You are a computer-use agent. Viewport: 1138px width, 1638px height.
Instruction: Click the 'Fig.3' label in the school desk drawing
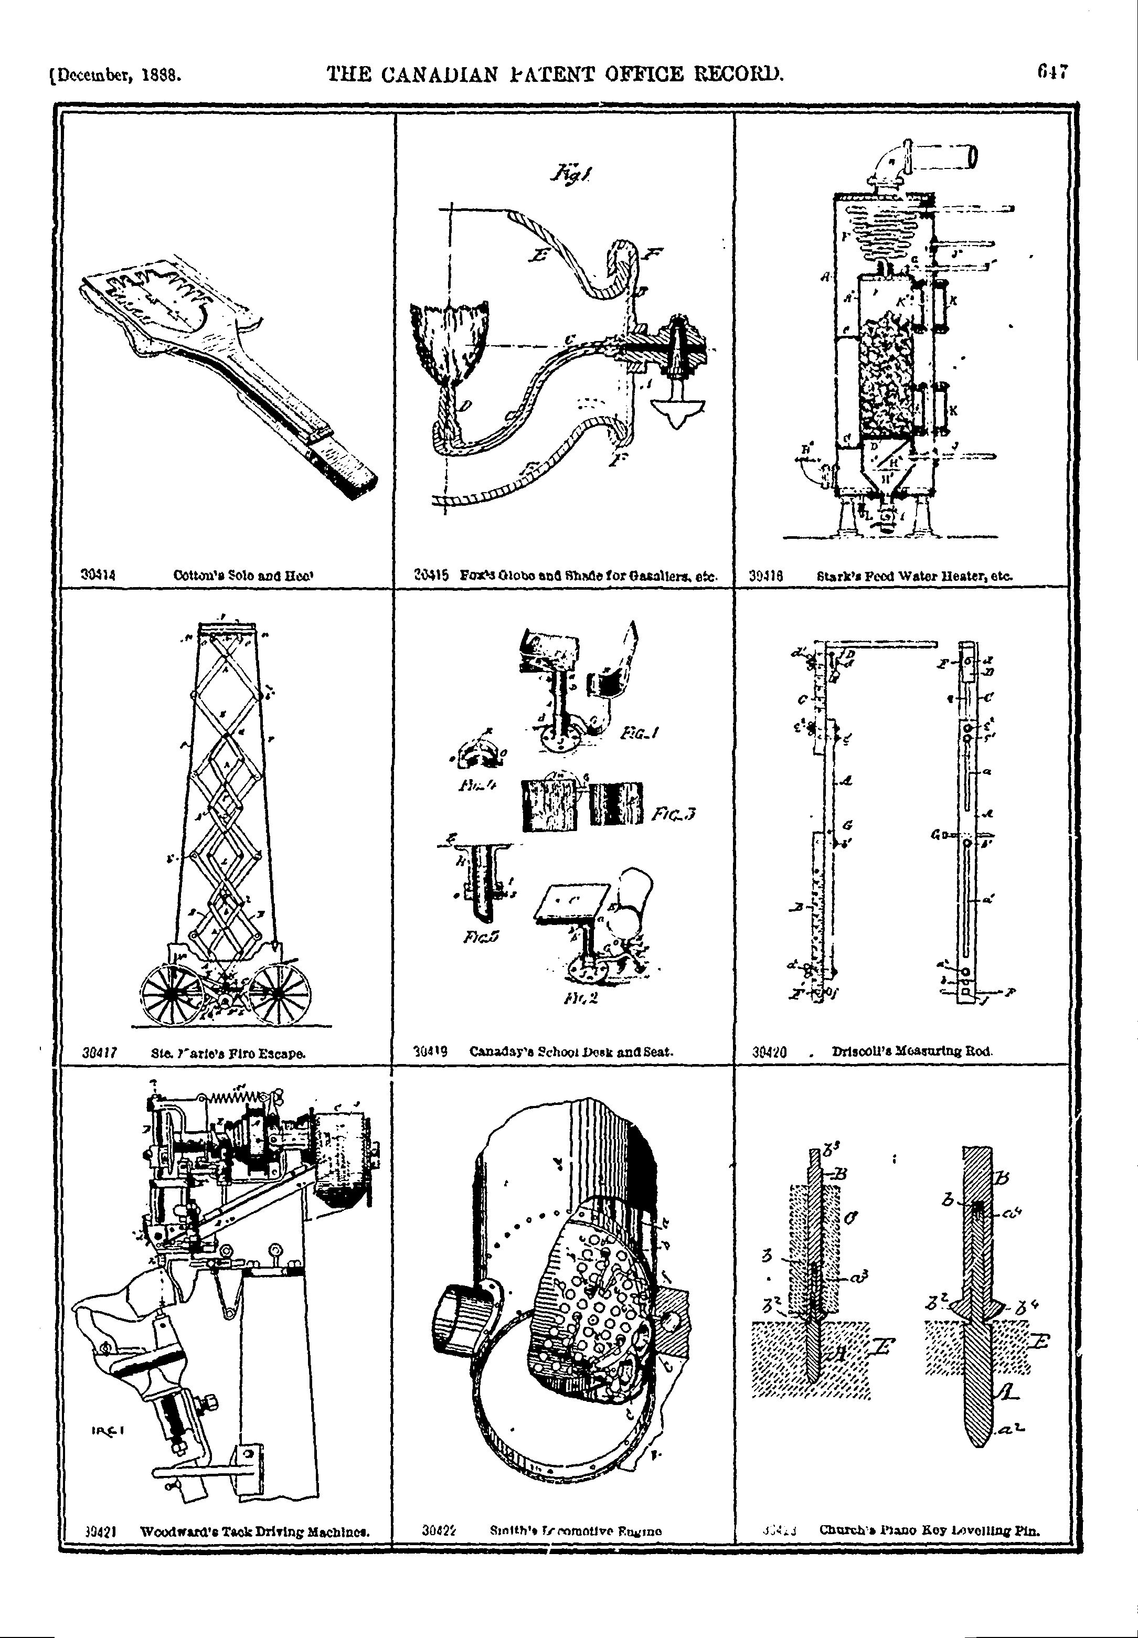[x=673, y=814]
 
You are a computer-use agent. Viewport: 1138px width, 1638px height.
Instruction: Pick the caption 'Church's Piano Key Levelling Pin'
[x=930, y=1529]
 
